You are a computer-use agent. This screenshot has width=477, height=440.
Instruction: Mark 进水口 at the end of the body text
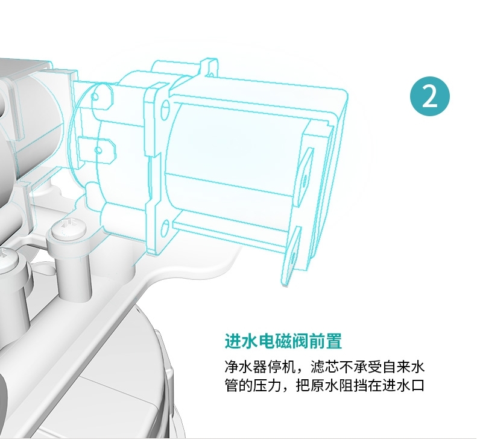click(x=405, y=385)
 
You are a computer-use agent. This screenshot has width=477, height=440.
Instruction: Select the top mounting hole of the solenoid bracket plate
click(x=165, y=108)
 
